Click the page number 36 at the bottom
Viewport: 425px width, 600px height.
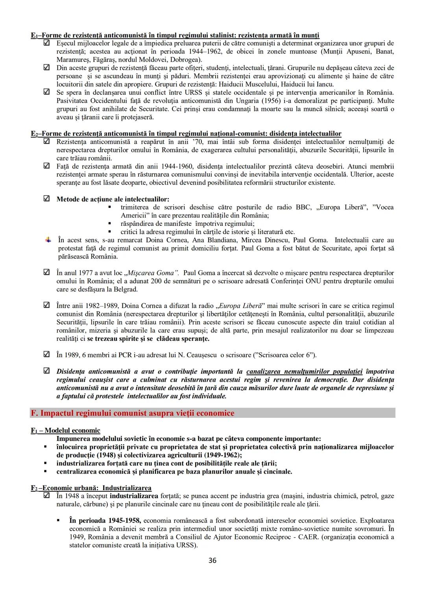(x=212, y=561)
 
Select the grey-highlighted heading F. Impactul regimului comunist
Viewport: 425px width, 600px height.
(x=132, y=413)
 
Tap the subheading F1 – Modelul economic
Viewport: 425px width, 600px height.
(x=65, y=430)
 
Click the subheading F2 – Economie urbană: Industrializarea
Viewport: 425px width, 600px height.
(x=91, y=488)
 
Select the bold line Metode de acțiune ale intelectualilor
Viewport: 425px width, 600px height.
(x=113, y=199)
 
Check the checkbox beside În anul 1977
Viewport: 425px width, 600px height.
(x=46, y=272)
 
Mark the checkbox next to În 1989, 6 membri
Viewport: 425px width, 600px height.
(x=46, y=354)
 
